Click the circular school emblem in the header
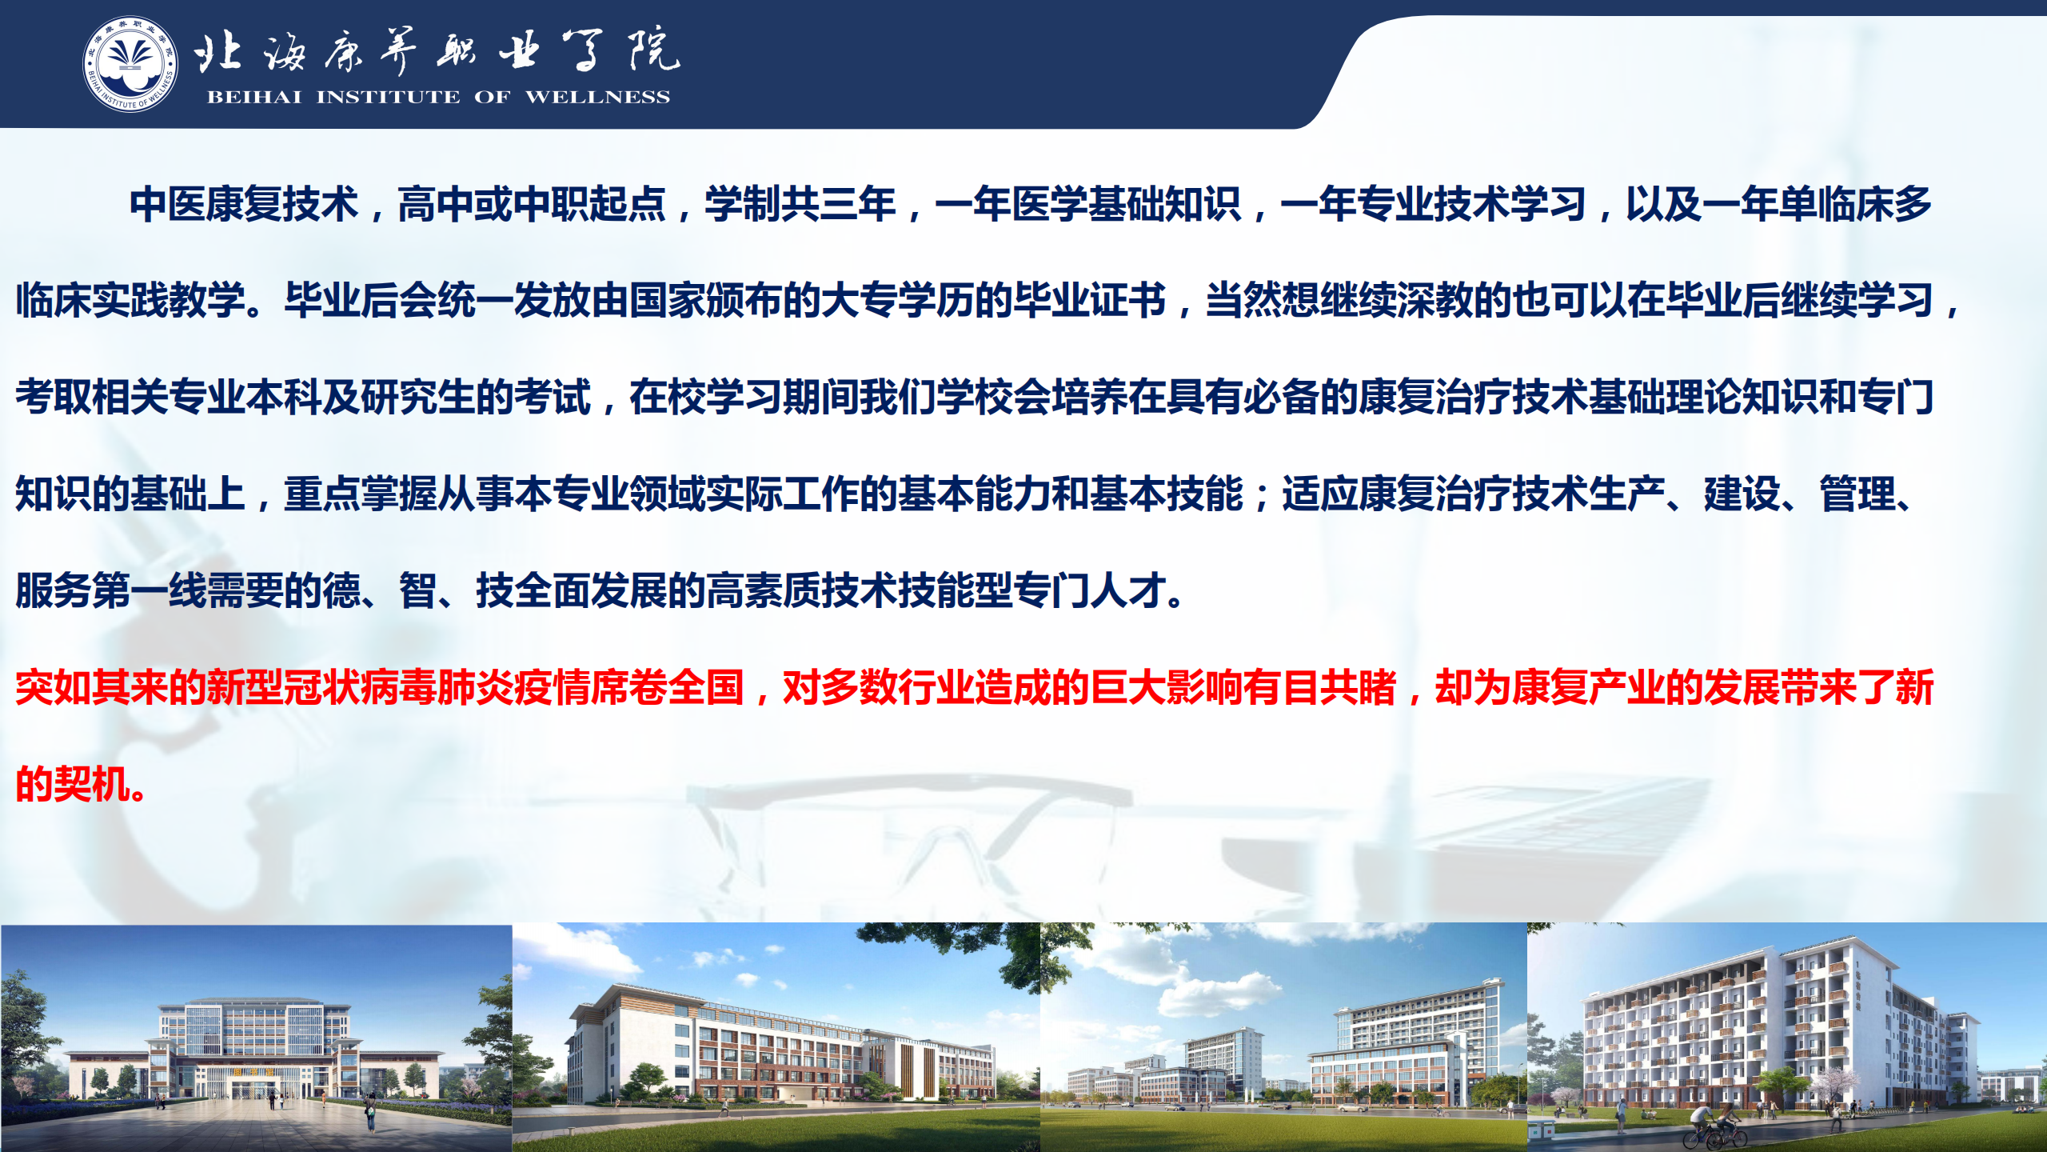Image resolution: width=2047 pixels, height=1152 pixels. (130, 64)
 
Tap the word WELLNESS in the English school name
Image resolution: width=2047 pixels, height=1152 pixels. (597, 97)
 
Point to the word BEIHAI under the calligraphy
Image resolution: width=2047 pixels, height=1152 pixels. (254, 97)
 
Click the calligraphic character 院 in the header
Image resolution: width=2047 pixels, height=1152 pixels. (654, 50)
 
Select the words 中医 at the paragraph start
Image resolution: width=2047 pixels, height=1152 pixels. (168, 204)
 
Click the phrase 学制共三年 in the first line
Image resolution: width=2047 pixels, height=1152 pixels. (800, 204)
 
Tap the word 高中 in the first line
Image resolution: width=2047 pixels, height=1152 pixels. (436, 204)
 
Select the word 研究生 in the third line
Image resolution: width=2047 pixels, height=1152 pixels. (418, 398)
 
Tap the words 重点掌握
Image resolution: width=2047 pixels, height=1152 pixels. (361, 494)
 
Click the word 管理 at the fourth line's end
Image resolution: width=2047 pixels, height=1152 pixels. (1857, 494)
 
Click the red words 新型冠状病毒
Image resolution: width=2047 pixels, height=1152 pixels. (322, 687)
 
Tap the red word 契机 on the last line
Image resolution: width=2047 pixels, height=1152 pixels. (92, 784)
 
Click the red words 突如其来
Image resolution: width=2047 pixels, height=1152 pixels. (92, 687)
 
